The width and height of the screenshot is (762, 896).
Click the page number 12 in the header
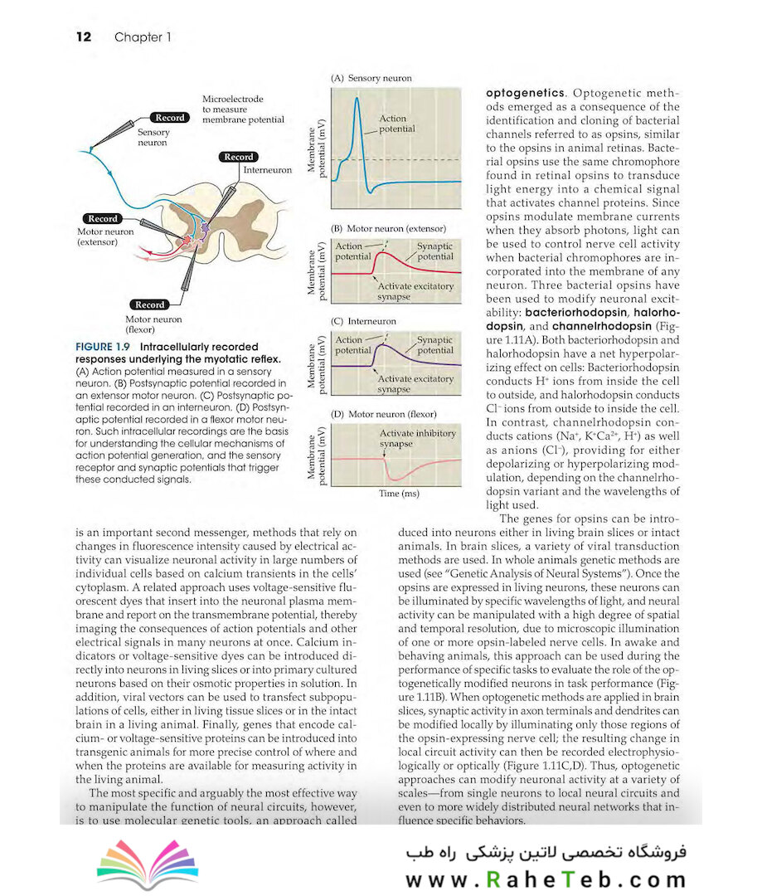(x=82, y=37)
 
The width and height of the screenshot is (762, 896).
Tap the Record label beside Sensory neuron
(x=171, y=119)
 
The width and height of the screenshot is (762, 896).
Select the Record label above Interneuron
(x=239, y=157)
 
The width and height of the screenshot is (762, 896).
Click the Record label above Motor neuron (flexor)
(x=150, y=304)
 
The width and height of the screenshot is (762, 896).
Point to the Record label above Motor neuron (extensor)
(x=103, y=219)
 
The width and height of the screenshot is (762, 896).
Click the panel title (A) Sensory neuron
(x=371, y=78)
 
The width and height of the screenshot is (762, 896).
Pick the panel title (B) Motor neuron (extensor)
(x=388, y=228)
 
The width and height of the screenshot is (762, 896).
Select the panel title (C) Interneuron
(x=363, y=321)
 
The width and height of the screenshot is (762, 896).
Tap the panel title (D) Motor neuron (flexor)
(x=383, y=413)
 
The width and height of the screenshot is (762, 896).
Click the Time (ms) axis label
(x=399, y=494)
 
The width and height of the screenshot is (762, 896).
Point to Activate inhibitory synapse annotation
(x=417, y=438)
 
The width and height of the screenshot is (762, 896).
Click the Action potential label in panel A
(x=396, y=124)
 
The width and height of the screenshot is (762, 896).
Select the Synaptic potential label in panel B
(x=434, y=251)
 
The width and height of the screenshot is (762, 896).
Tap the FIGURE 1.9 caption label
(x=104, y=347)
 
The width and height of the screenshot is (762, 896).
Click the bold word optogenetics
(x=525, y=93)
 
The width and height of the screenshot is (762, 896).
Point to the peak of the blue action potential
(x=356, y=99)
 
